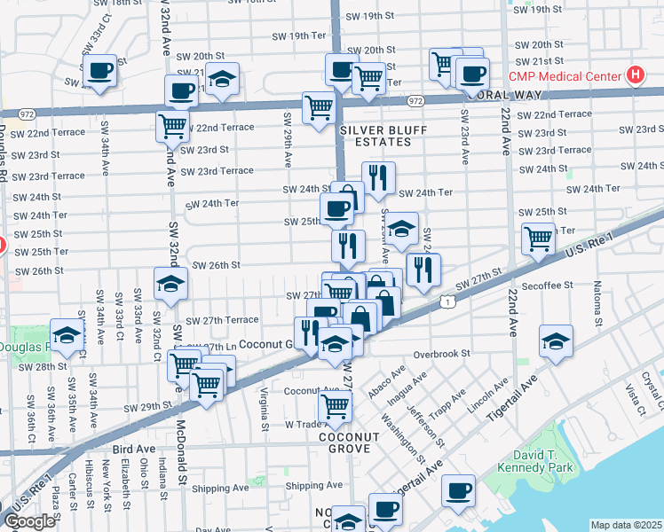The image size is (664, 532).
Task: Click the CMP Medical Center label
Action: click(564, 75)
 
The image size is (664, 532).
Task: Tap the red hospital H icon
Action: click(635, 75)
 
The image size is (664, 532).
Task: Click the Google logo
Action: click(29, 521)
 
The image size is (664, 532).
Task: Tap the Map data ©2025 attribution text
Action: click(626, 525)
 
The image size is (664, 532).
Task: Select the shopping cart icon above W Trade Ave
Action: click(335, 406)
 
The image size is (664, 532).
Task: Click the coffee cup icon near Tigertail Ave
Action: click(459, 490)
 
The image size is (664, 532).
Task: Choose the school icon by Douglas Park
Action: click(67, 335)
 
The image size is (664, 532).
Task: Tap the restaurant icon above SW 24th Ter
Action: click(378, 177)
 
